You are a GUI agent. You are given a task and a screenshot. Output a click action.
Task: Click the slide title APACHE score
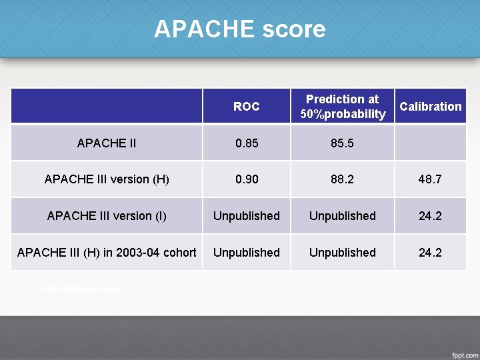tap(239, 29)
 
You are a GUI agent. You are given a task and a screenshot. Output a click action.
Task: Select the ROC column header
tap(246, 107)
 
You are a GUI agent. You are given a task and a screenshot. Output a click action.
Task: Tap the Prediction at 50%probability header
tap(343, 107)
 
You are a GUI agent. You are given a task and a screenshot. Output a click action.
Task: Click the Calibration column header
tap(430, 107)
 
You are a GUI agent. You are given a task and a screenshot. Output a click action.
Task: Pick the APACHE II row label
tap(107, 143)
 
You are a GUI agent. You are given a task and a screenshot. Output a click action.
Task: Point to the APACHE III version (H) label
tap(107, 179)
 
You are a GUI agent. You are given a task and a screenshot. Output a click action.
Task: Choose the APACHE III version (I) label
tap(107, 216)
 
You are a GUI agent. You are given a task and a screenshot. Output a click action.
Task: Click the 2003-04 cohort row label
tap(107, 253)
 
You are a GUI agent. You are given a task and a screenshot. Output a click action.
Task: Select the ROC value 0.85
tap(246, 143)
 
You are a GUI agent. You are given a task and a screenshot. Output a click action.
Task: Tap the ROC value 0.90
tap(246, 179)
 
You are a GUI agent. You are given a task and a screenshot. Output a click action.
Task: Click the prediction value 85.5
tap(343, 143)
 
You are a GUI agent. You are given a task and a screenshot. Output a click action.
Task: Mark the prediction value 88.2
tap(343, 179)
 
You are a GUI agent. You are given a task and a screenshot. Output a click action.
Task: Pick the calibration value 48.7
tap(430, 179)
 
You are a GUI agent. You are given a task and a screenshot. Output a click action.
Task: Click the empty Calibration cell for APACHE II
tap(430, 143)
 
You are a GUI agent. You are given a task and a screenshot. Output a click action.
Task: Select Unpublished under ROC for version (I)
tap(246, 216)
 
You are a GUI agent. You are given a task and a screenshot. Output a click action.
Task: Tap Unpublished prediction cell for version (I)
tap(343, 216)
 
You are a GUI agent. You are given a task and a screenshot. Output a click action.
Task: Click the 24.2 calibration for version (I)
tap(430, 216)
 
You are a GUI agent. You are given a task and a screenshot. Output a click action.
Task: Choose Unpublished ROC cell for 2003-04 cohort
tap(246, 253)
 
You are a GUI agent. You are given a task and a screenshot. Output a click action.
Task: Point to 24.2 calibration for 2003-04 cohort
tap(430, 253)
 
